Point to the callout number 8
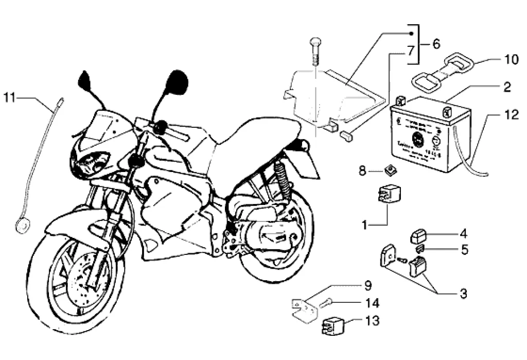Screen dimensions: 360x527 (362, 170)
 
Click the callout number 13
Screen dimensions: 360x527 (373, 321)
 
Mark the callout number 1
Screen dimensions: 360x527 (364, 225)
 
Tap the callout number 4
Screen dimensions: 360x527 (463, 234)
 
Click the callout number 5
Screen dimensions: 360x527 (464, 250)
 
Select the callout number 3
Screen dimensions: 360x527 (463, 294)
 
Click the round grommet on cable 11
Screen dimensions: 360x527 (22, 225)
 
